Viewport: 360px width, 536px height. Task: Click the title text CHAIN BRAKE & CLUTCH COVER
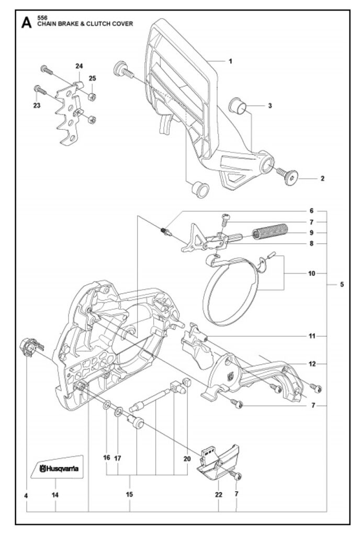click(85, 24)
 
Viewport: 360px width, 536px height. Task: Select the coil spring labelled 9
click(270, 231)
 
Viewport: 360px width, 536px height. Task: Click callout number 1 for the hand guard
click(231, 61)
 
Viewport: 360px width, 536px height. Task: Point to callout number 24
click(79, 66)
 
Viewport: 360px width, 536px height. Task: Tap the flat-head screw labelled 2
click(287, 176)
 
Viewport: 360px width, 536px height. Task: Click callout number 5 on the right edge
click(342, 284)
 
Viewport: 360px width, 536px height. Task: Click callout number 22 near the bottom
click(219, 494)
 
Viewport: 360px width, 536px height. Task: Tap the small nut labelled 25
click(92, 96)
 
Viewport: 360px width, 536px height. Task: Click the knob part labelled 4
click(31, 347)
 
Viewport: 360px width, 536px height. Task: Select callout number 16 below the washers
click(107, 457)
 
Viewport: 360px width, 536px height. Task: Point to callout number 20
click(187, 459)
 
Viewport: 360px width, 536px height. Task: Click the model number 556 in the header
click(42, 17)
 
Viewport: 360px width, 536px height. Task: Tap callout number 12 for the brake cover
click(312, 364)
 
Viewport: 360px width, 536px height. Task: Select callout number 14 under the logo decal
click(55, 495)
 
